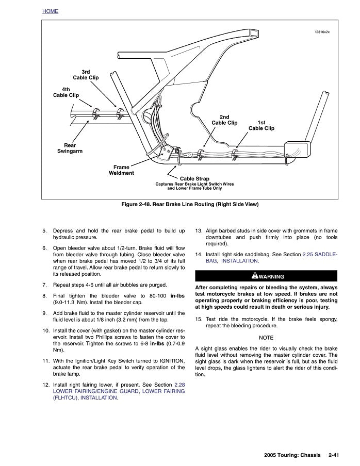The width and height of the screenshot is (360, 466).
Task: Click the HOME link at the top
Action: (50, 11)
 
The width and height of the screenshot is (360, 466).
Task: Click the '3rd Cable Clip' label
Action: (86, 74)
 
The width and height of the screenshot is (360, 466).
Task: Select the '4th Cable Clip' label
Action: (66, 92)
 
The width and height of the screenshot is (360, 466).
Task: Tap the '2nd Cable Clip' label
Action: (224, 120)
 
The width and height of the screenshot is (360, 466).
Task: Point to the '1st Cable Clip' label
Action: (261, 125)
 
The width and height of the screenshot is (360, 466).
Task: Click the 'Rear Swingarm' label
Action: (70, 148)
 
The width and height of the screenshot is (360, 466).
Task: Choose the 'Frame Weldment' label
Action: (121, 170)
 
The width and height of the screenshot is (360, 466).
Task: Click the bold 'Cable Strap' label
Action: (194, 178)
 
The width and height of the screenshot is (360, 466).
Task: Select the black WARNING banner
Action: (266, 276)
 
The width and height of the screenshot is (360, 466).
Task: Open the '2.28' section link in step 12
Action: (179, 385)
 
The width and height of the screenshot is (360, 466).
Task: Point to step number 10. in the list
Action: (46, 329)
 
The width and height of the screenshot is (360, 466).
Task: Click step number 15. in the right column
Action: (199, 319)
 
